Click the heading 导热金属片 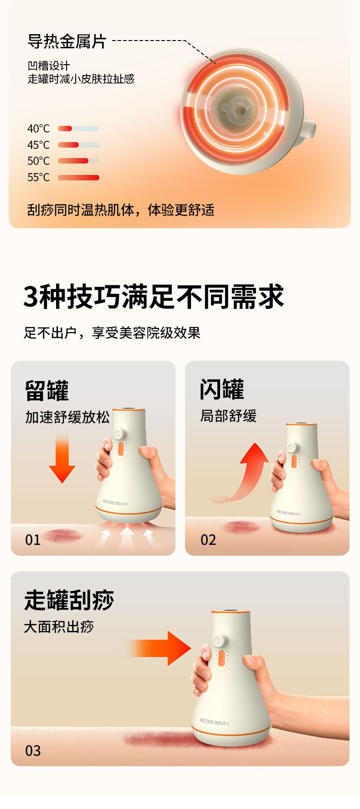click(67, 41)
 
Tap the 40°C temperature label click(38, 128)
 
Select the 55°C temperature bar click(78, 177)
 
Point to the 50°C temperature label click(38, 161)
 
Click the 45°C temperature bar click(78, 145)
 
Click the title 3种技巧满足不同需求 click(154, 297)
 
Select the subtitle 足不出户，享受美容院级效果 click(112, 333)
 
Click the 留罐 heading click(46, 390)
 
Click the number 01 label click(33, 540)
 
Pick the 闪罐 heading click(222, 389)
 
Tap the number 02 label click(208, 540)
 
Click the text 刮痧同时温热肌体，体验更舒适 click(121, 210)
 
